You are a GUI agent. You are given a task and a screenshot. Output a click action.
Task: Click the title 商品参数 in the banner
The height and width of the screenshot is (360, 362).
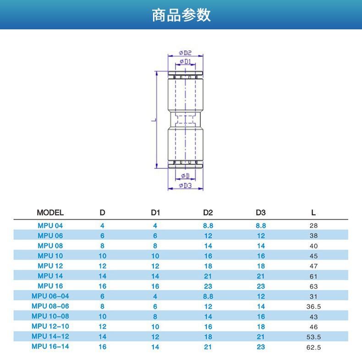[181, 15]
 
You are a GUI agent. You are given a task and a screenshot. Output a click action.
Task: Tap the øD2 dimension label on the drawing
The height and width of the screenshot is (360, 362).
[185, 53]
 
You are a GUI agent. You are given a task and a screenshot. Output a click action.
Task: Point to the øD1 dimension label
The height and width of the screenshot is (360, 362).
[185, 61]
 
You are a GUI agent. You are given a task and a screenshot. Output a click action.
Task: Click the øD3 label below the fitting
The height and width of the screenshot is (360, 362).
[185, 185]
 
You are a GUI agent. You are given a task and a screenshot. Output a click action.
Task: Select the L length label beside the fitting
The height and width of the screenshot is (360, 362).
[152, 120]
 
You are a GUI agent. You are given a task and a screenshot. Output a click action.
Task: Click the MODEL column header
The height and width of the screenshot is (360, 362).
[50, 213]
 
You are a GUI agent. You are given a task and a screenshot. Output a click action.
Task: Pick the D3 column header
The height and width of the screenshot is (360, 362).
[261, 213]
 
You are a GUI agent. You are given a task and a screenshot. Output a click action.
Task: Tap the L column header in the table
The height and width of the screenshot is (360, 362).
[313, 213]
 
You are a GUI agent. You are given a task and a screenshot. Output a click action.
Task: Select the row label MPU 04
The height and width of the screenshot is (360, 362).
[50, 226]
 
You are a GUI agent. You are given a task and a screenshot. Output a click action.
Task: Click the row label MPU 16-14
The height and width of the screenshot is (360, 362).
[50, 347]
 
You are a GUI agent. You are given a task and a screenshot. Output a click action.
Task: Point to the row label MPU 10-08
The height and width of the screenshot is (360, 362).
[50, 316]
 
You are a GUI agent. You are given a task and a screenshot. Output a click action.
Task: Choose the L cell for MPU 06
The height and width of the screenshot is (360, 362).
[313, 236]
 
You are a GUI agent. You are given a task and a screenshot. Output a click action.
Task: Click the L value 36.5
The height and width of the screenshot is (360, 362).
[313, 306]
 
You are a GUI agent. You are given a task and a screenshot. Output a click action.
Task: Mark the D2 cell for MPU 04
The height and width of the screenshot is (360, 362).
[208, 226]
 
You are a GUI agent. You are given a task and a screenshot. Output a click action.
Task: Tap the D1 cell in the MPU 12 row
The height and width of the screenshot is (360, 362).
[155, 266]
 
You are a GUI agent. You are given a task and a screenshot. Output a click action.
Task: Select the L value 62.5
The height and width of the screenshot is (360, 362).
[313, 347]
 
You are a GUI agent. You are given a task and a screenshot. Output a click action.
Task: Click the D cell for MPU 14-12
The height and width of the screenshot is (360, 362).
[102, 337]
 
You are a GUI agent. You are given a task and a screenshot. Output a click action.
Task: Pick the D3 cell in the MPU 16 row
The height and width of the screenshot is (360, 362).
[261, 286]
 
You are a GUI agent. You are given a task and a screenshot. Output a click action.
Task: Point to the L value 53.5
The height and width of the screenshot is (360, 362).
[313, 337]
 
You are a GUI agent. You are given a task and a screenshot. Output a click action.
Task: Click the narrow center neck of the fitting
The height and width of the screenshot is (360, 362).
[185, 120]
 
